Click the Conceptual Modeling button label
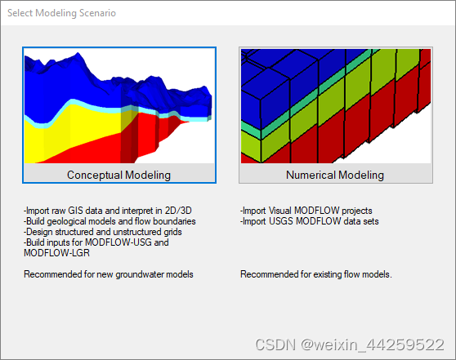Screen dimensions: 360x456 [x=118, y=175]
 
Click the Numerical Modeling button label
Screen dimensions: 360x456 [x=335, y=175]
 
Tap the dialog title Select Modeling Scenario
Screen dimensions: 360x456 [x=61, y=14]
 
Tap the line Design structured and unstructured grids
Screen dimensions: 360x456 [x=102, y=232]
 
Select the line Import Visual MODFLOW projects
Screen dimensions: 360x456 [x=306, y=211]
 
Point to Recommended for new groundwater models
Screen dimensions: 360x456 [x=109, y=274]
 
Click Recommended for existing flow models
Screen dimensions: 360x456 [x=316, y=274]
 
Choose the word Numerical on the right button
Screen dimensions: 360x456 [x=311, y=175]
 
